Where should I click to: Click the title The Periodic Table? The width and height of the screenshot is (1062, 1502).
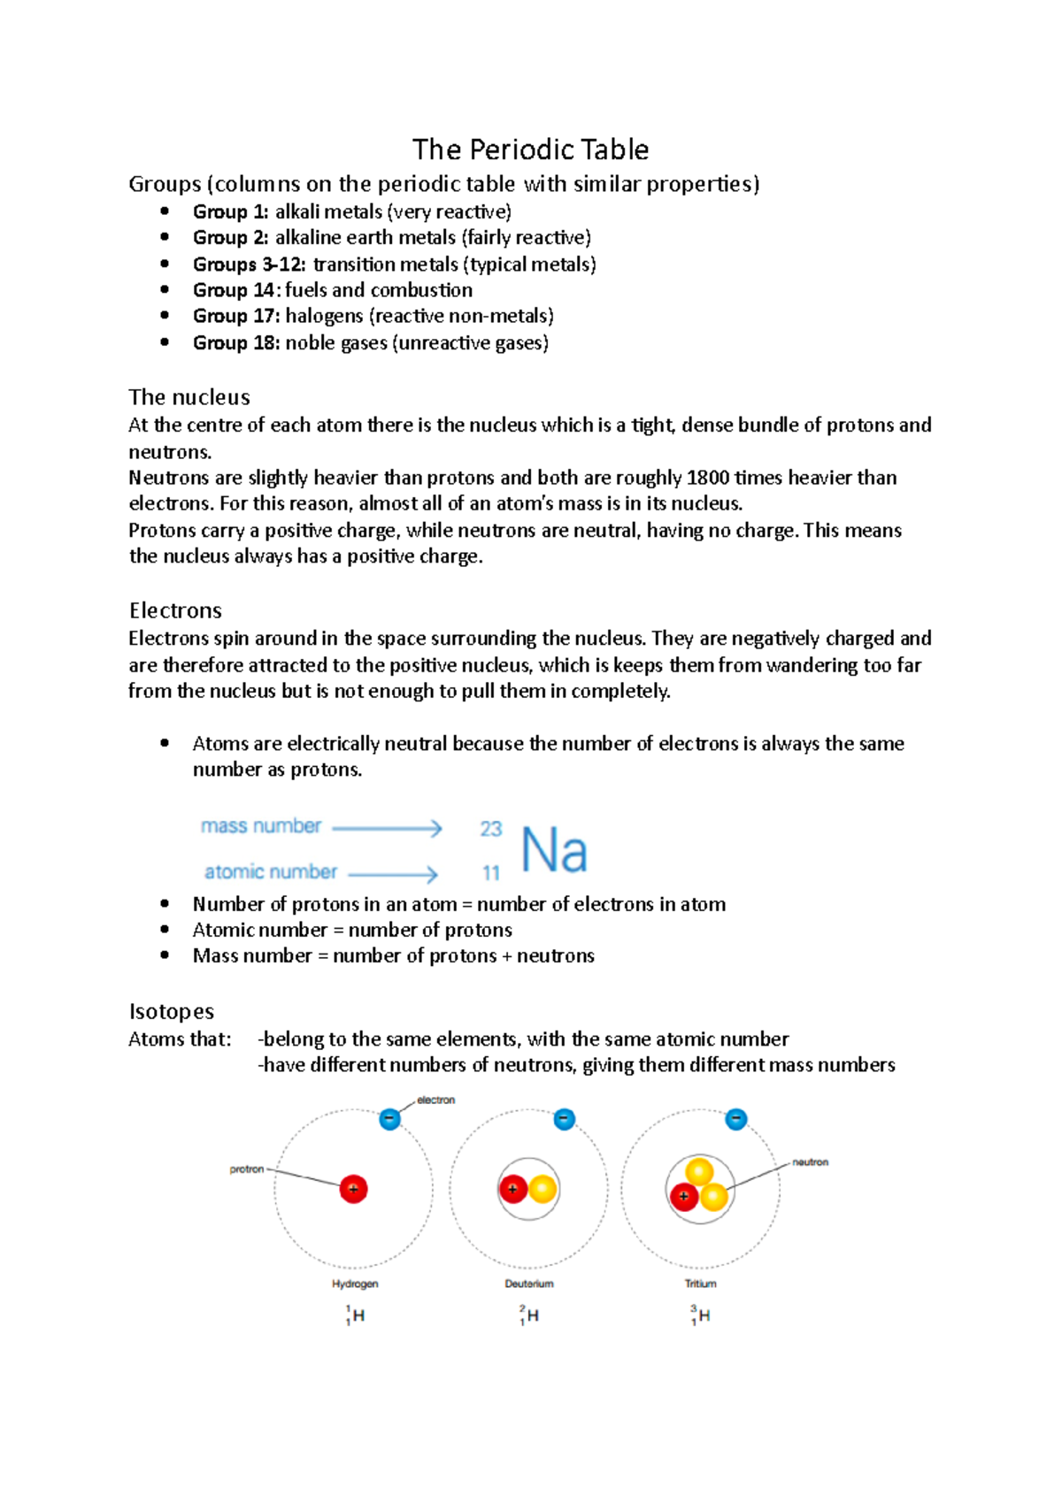tap(530, 149)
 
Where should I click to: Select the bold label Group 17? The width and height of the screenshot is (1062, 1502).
tap(236, 316)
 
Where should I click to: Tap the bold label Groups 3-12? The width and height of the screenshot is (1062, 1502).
tap(250, 264)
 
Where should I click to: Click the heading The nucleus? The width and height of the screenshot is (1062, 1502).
tap(189, 397)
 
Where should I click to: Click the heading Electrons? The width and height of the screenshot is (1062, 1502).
tap(175, 610)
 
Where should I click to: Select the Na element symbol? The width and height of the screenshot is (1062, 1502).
tap(554, 850)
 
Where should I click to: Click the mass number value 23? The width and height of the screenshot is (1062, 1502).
tap(490, 829)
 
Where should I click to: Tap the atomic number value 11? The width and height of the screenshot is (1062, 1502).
tap(491, 873)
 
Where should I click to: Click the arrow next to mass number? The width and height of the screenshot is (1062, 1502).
tap(387, 828)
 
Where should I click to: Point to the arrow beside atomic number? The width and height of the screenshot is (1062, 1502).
tap(393, 874)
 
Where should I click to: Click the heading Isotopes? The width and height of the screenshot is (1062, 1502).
tap(172, 1011)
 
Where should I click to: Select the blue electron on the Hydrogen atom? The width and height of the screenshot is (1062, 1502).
tap(389, 1119)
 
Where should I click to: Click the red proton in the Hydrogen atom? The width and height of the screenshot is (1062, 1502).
tap(353, 1189)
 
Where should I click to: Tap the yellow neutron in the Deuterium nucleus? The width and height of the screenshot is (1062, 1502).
tap(543, 1189)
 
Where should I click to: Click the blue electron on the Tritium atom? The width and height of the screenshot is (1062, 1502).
tap(735, 1120)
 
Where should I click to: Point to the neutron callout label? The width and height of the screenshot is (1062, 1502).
tap(810, 1162)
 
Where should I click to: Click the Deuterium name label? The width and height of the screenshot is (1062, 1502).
tap(529, 1284)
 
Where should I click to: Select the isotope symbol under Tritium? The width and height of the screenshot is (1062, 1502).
tap(700, 1315)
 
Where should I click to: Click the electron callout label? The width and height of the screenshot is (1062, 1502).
tap(435, 1100)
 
